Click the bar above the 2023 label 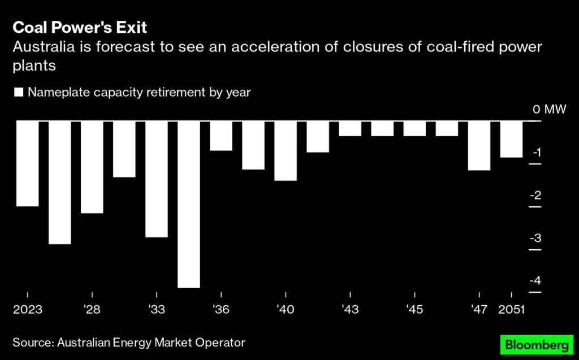coord(27,163)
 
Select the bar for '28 coord(92,167)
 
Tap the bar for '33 coord(156,179)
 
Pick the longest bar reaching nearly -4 coord(188,204)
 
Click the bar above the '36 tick coord(221,136)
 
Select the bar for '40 coord(285,150)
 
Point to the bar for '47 coord(479,145)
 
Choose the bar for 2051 coord(511,139)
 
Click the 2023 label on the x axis coord(27,310)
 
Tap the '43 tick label coord(350,310)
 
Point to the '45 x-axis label coord(414,310)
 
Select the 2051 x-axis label coord(511,310)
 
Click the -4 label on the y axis coord(535,280)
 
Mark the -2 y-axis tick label coord(535,195)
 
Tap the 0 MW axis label coord(549,109)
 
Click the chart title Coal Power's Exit coord(80,27)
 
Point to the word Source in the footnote coord(32,342)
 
